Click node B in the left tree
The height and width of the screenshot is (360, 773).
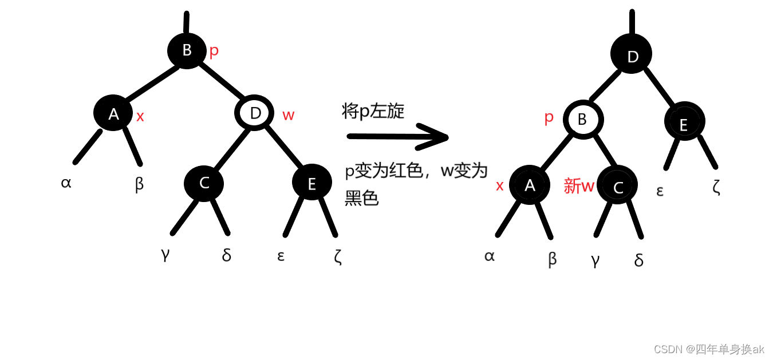tap(187, 50)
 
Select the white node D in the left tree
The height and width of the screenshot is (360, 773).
tap(255, 113)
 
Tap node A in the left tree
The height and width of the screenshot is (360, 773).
tap(113, 114)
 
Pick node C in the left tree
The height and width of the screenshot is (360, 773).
tap(204, 183)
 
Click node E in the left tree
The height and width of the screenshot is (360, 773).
tap(312, 183)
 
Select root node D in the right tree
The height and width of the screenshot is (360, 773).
tap(632, 56)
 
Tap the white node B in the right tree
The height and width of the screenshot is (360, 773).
tap(583, 120)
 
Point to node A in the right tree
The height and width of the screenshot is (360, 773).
tap(530, 185)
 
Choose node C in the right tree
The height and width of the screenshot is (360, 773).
tap(617, 186)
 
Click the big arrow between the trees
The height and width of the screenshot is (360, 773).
tap(398, 137)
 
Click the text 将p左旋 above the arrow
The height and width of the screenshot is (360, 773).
tap(373, 110)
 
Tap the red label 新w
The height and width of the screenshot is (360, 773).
tap(579, 185)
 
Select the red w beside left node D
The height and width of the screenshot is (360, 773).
tap(288, 115)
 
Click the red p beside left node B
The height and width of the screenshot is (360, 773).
tap(214, 51)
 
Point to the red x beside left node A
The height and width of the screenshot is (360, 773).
tap(140, 116)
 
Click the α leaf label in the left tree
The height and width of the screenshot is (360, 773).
tap(66, 183)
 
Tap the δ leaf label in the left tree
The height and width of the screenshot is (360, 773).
tap(227, 255)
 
